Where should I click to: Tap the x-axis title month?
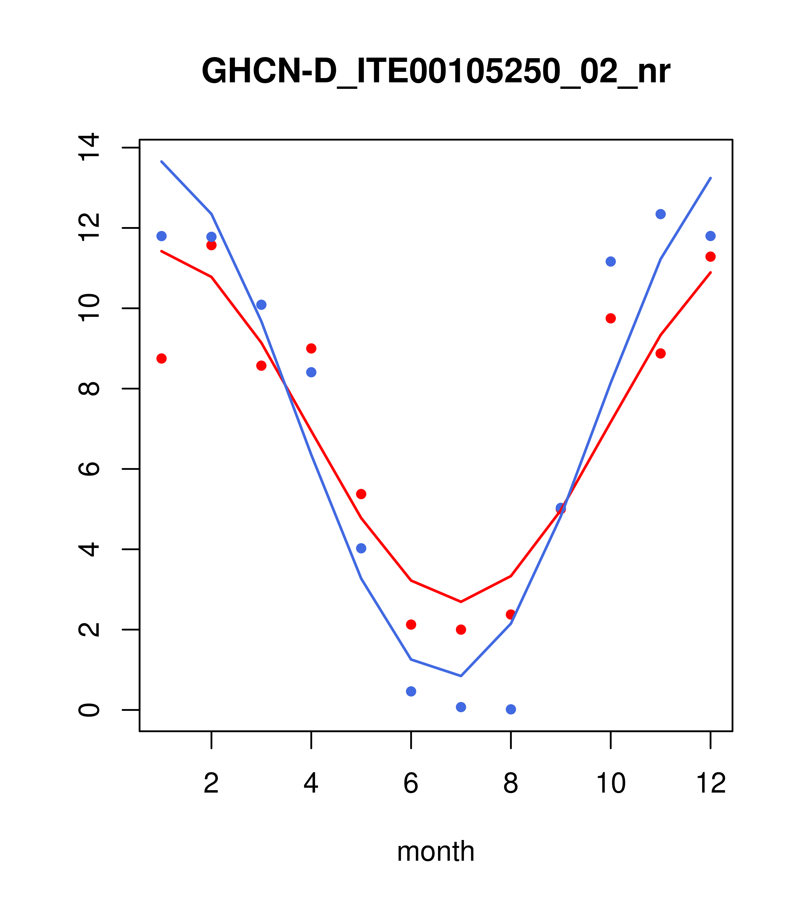pyautogui.click(x=436, y=851)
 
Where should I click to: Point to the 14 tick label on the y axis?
pyautogui.click(x=89, y=147)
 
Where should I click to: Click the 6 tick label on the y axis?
pyautogui.click(x=89, y=469)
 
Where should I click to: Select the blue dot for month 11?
pyautogui.click(x=661, y=214)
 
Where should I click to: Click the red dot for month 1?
pyautogui.click(x=161, y=358)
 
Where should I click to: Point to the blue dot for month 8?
pyautogui.click(x=511, y=709)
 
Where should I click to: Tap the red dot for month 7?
pyautogui.click(x=461, y=630)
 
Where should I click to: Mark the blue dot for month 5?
pyautogui.click(x=361, y=548)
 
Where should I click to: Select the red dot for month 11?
pyautogui.click(x=661, y=353)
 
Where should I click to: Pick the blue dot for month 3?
pyautogui.click(x=262, y=305)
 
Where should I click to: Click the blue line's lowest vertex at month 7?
pyautogui.click(x=461, y=676)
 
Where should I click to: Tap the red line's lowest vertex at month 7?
pyautogui.click(x=461, y=602)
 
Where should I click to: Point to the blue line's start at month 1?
pyautogui.click(x=161, y=162)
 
